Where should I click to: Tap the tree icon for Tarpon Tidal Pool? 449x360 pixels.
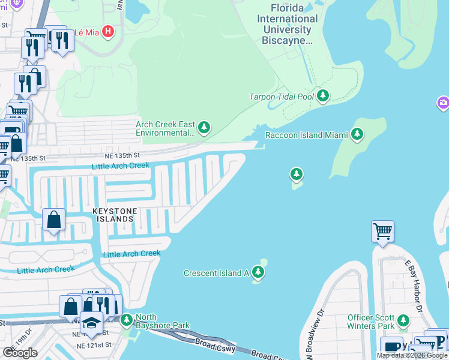coord(324,96)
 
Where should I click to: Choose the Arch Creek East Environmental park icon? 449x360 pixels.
coord(204,127)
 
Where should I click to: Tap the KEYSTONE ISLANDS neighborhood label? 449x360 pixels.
coord(114,215)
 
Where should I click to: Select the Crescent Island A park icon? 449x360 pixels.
coord(258,273)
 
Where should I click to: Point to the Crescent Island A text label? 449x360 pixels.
coord(215,274)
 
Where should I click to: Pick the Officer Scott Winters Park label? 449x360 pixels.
coord(370,322)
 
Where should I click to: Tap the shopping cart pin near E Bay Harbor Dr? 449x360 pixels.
coord(382,230)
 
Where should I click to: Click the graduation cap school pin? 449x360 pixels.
coord(91,323)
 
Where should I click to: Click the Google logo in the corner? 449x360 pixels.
coord(20,353)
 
